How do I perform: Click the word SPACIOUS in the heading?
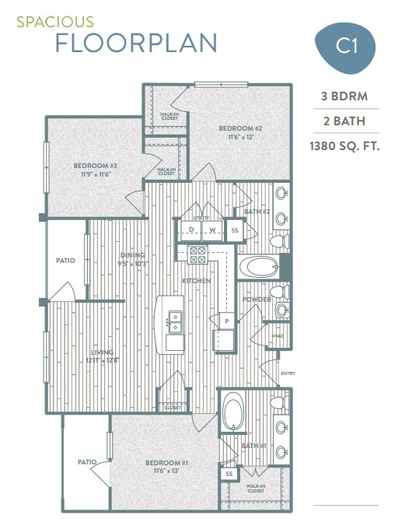click(55, 22)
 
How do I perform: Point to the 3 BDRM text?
click(344, 96)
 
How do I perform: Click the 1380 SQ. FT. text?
click(344, 145)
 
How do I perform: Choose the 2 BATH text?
click(344, 121)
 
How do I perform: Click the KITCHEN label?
click(194, 280)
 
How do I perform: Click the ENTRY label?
click(288, 373)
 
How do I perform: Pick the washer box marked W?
click(211, 231)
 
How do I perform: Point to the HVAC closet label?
click(278, 336)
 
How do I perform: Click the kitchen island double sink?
click(175, 317)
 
